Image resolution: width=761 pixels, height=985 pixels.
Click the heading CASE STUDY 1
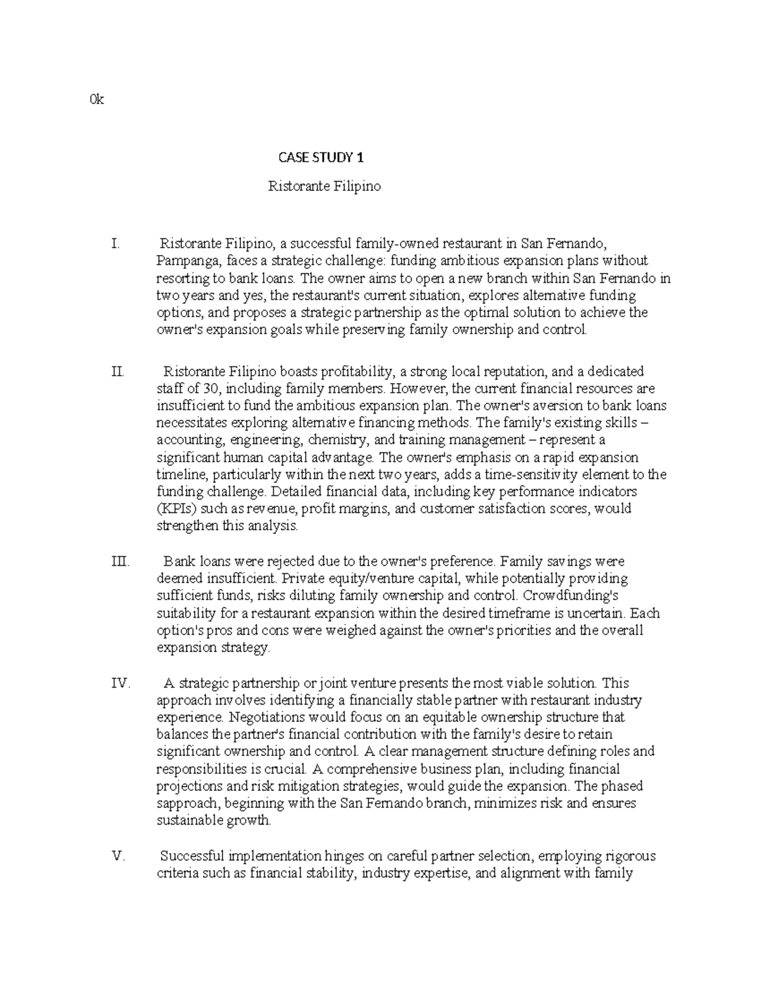click(322, 157)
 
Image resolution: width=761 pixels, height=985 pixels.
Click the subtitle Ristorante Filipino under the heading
click(324, 186)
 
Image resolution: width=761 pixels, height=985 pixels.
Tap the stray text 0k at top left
click(97, 100)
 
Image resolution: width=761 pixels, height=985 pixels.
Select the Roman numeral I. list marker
click(114, 243)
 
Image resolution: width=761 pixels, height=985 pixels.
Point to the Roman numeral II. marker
click(117, 371)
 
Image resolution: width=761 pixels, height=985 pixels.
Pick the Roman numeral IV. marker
click(120, 683)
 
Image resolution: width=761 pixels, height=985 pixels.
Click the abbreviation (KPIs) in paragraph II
click(174, 509)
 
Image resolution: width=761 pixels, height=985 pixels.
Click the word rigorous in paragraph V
click(624, 856)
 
